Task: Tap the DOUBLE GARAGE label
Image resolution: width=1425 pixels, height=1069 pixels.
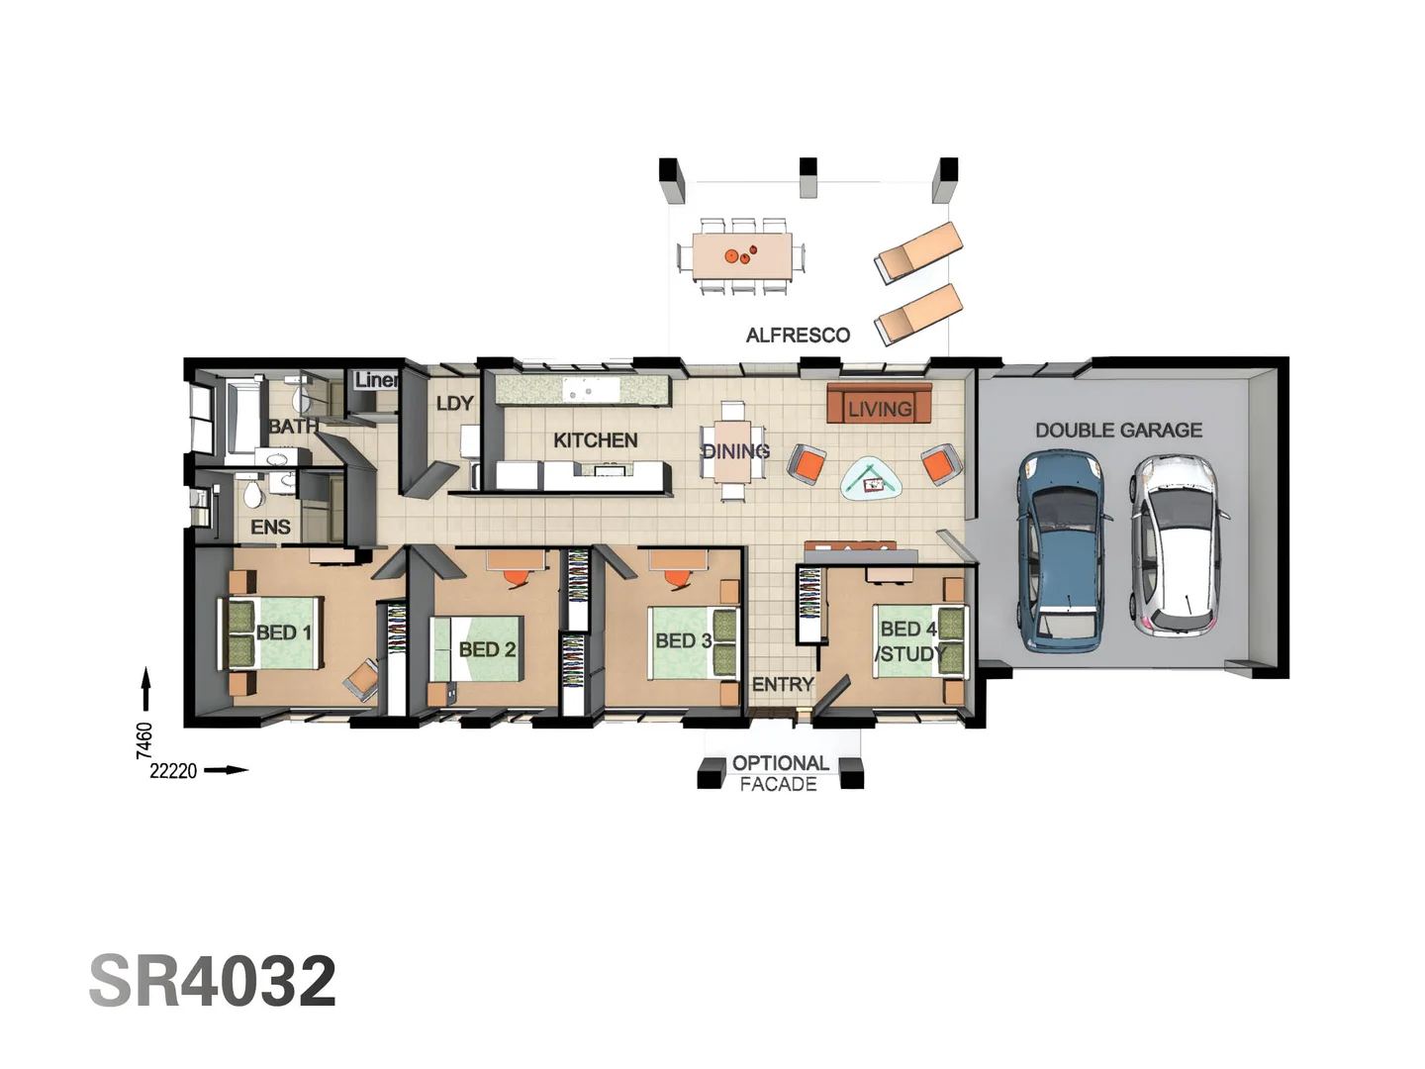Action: point(1118,431)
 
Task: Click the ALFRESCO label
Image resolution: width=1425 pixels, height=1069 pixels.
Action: point(798,336)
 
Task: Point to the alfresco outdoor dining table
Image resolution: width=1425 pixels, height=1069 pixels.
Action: point(741,256)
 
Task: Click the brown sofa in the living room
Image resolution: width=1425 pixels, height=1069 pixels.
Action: point(879,406)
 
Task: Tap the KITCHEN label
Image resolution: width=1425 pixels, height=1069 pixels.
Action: point(595,440)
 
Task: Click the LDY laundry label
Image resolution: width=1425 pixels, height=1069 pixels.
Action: point(454,404)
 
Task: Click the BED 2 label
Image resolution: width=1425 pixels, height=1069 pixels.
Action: point(487,650)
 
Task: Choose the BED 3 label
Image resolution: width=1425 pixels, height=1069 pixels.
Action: point(683,641)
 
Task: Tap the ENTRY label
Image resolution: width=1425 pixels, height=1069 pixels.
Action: point(782,684)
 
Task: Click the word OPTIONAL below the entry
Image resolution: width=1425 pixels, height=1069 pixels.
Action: point(780,763)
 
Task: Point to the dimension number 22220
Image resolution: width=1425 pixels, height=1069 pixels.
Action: point(173,771)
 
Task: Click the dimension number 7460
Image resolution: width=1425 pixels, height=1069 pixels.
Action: point(144,740)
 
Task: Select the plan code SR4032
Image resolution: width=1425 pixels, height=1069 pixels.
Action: point(213,981)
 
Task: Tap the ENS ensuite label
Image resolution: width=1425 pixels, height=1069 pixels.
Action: point(270,528)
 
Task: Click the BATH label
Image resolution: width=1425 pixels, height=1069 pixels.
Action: point(293,427)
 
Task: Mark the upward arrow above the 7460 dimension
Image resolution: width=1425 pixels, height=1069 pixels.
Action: point(145,689)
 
